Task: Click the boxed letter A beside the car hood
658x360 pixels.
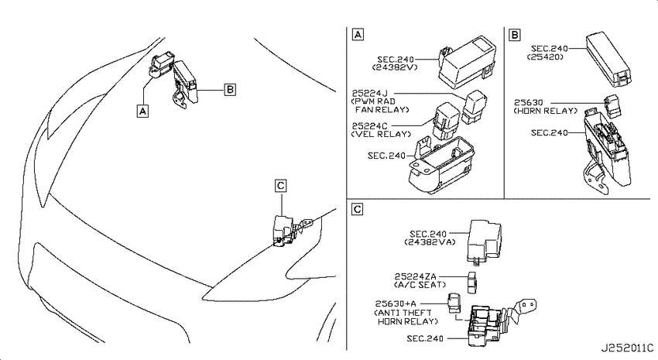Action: (x=142, y=111)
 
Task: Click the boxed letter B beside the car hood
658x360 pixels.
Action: (x=230, y=89)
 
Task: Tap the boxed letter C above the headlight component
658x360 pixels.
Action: (x=281, y=186)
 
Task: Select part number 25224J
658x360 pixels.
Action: (x=370, y=93)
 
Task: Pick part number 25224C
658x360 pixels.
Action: (x=370, y=126)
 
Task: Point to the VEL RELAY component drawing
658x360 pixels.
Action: (x=446, y=121)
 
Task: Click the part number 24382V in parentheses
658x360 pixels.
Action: (x=395, y=67)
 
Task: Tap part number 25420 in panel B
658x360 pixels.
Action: (x=545, y=57)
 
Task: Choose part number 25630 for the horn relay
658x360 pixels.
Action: (x=529, y=102)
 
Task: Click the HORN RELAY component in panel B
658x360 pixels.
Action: (x=612, y=106)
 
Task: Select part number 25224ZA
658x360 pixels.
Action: (x=416, y=276)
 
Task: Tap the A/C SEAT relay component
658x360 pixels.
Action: (x=473, y=283)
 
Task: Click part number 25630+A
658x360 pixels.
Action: (x=396, y=303)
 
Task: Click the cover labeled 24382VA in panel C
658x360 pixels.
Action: (x=485, y=242)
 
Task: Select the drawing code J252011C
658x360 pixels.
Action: (x=627, y=348)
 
